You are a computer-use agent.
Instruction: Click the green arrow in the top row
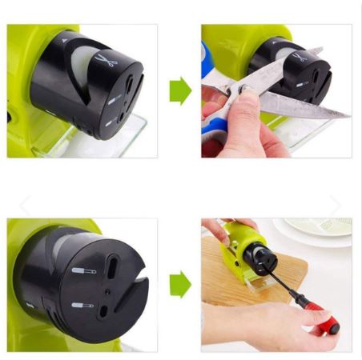pos(180,92)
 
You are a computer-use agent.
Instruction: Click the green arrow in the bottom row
pos(180,284)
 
